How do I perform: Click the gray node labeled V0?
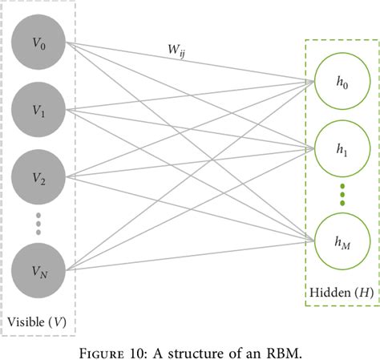(x=38, y=45)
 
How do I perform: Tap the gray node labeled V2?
(x=38, y=179)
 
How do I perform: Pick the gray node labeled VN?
(x=38, y=272)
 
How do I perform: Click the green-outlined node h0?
(x=343, y=81)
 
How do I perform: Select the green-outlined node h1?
(x=343, y=149)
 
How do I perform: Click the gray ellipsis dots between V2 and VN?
(x=38, y=224)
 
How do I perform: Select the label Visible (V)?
(x=37, y=322)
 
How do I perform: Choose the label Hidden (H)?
(x=342, y=293)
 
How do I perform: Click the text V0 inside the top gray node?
(x=38, y=45)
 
